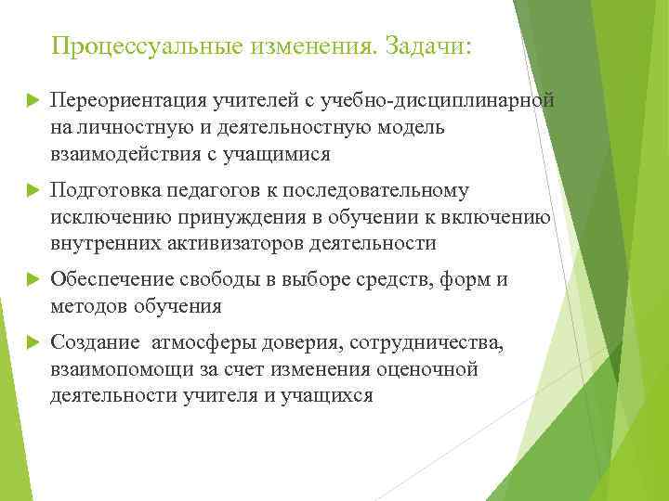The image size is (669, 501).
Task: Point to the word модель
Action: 409,126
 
